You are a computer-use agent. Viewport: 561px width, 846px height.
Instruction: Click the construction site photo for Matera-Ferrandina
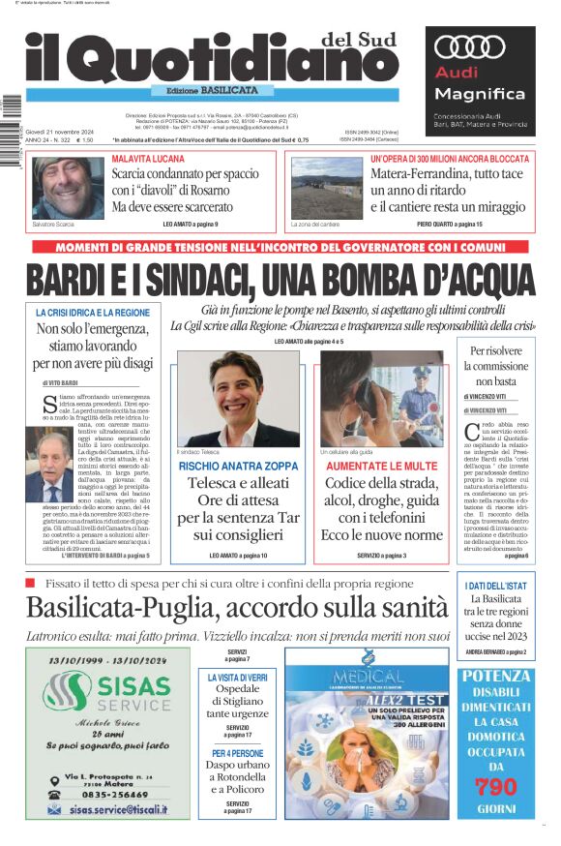[x=327, y=188]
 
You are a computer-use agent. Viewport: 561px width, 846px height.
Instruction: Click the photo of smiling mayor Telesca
[x=237, y=398]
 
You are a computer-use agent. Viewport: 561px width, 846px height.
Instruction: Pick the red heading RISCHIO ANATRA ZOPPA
[x=237, y=466]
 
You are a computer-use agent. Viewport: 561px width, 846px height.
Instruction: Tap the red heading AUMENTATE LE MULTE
[x=381, y=466]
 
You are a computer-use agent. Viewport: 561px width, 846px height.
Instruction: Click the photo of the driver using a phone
[x=381, y=398]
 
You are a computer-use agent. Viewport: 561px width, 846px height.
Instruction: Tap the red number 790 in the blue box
[x=496, y=785]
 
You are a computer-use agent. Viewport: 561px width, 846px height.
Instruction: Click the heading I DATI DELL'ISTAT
[x=496, y=586]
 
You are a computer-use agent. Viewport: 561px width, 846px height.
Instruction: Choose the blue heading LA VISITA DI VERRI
[x=237, y=678]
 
